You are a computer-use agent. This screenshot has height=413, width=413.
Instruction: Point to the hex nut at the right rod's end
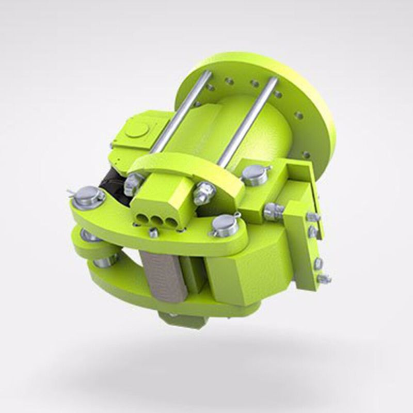point(204,192)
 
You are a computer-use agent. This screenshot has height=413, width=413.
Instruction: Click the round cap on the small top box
point(136,130)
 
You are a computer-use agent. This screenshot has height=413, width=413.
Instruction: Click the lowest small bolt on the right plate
point(323,279)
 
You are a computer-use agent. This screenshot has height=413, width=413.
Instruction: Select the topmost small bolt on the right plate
point(312,217)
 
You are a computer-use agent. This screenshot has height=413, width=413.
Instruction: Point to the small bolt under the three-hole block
point(153,233)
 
